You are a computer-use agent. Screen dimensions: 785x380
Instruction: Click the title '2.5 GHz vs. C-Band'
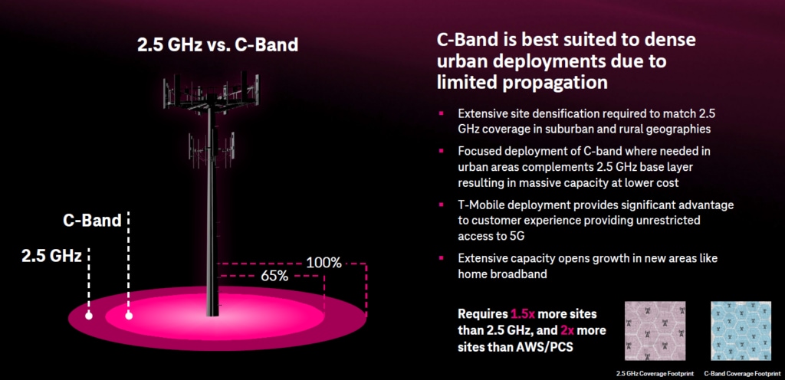pos(218,44)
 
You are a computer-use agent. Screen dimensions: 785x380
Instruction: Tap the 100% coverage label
pos(324,263)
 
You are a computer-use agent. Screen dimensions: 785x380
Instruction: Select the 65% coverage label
pos(274,276)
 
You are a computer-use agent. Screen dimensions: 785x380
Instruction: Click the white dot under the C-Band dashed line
pos(129,316)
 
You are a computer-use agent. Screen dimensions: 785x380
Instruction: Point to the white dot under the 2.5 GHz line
pos(89,316)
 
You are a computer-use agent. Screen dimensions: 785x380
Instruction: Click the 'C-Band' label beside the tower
pos(92,221)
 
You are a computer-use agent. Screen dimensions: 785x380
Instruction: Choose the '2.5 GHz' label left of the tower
pos(51,256)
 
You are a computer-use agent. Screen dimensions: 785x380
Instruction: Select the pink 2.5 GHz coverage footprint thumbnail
pos(655,330)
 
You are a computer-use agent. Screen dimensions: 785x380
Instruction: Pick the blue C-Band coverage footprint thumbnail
pos(741,330)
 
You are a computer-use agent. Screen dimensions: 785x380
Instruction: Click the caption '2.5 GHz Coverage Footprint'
pos(655,373)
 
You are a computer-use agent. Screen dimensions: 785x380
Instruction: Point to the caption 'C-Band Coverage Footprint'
pos(741,373)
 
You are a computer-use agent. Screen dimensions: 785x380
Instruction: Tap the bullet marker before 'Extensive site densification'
pos(441,113)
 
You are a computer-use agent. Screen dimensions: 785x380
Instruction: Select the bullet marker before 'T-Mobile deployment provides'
pos(441,205)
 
